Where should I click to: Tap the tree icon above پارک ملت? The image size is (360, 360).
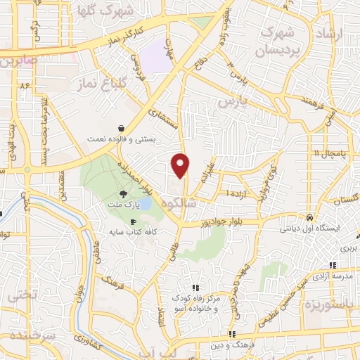pyautogui.click(x=124, y=194)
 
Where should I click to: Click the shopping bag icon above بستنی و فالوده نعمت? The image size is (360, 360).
pyautogui.click(x=123, y=129)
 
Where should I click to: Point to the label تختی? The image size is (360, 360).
pyautogui.click(x=21, y=297)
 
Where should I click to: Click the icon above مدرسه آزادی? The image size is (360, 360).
pyautogui.click(x=332, y=264)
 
